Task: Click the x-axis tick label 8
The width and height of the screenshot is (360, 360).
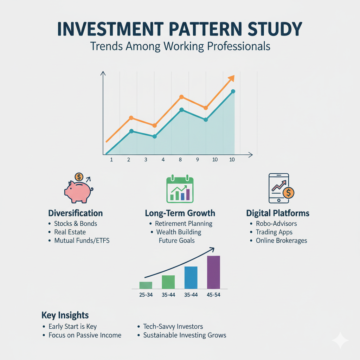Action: tap(180, 160)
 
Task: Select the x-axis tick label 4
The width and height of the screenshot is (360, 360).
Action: tap(163, 160)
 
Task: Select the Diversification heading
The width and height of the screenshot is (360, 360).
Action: tap(75, 213)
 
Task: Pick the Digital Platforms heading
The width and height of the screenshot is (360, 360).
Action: tap(278, 213)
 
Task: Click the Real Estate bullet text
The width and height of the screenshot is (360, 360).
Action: tap(70, 232)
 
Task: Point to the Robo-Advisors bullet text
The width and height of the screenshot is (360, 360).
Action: tap(276, 224)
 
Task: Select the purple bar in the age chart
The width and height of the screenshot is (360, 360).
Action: tap(213, 272)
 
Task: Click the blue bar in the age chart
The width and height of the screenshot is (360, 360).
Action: tap(191, 278)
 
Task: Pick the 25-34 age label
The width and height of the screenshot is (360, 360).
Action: tap(146, 295)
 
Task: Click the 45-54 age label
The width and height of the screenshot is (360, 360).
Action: tap(213, 295)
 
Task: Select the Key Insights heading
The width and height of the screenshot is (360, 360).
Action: tap(65, 315)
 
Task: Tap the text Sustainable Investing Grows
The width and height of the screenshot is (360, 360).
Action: tap(185, 335)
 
